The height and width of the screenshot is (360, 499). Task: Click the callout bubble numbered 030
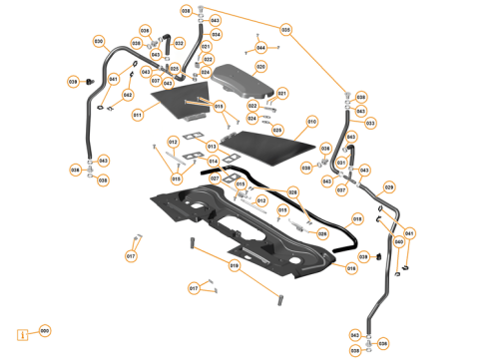pos(99,41)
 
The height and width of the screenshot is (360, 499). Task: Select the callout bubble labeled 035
pos(285,30)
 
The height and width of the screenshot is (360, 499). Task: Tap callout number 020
pos(260,67)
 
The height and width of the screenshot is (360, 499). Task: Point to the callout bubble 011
pos(138,115)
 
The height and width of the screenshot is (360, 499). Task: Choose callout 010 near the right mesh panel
pos(311,121)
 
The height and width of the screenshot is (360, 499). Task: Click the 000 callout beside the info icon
pos(44,330)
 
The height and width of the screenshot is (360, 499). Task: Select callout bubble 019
pos(235,265)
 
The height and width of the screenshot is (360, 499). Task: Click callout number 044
pos(260,47)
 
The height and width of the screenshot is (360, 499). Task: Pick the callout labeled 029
pos(389,187)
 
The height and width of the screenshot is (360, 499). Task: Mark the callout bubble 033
pos(370,123)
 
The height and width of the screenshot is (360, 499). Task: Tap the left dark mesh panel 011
pos(180,100)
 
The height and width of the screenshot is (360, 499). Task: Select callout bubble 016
pos(350,268)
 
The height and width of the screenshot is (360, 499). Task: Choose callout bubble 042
pos(128,96)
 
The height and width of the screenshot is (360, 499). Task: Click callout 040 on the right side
pos(399,241)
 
